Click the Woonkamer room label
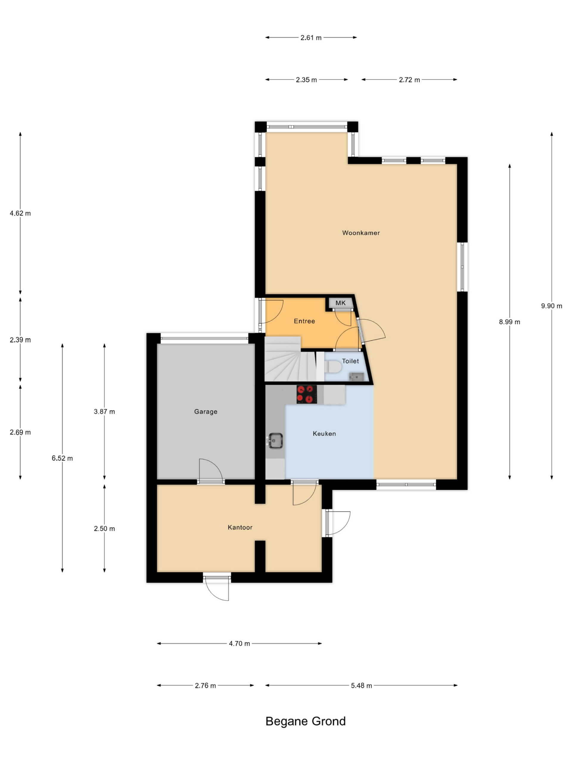tap(361, 233)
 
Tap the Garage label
tap(206, 412)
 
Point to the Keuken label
tap(324, 434)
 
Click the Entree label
tap(304, 321)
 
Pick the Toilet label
tap(350, 361)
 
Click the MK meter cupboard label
tap(340, 303)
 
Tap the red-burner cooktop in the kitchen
tap(307, 394)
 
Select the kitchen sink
tap(275, 441)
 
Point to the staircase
tap(290, 359)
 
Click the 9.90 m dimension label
tap(551, 306)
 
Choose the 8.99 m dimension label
tap(509, 322)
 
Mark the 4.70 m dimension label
tap(239, 643)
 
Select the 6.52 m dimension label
tap(62, 458)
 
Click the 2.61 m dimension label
tap(311, 38)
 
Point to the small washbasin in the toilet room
tap(356, 377)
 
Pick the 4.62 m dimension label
tap(20, 213)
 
